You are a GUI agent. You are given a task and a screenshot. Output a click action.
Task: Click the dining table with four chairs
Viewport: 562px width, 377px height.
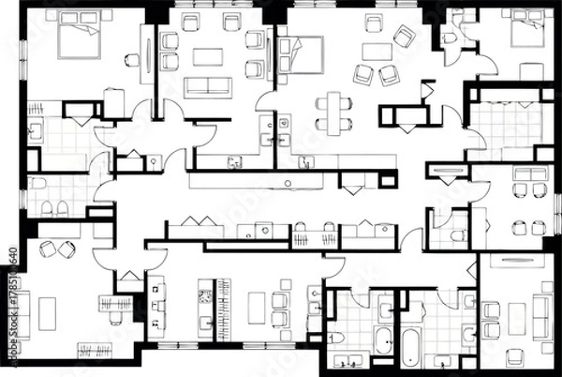(333, 112)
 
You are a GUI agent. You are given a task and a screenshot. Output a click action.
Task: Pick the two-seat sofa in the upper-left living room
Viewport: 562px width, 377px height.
(207, 87)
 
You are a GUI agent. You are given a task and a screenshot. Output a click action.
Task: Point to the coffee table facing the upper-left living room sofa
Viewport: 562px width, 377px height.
(207, 57)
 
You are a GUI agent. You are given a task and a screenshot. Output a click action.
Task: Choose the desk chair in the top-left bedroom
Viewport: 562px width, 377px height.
(132, 61)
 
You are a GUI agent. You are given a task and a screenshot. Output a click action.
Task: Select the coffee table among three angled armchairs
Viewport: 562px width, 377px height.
(378, 53)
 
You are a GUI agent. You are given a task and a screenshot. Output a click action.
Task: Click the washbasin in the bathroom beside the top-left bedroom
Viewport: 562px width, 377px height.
(36, 132)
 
